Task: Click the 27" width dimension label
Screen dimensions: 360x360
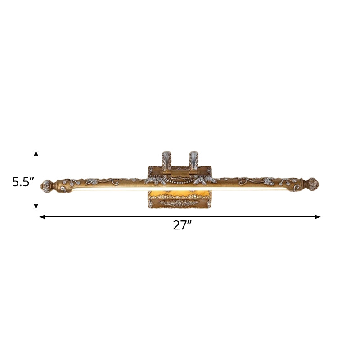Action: (182, 225)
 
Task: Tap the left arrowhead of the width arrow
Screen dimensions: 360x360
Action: (42, 217)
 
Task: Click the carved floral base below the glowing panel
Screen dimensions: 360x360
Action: (180, 203)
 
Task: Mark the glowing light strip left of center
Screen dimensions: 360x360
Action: (103, 189)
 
